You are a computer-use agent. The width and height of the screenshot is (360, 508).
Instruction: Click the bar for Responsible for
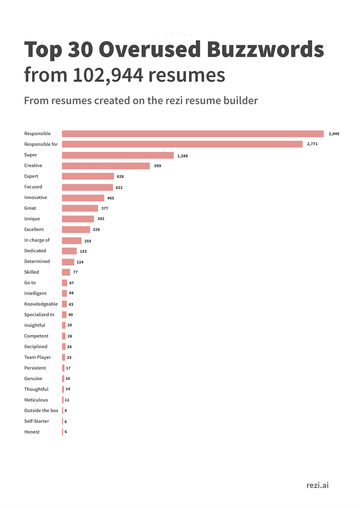click(182, 144)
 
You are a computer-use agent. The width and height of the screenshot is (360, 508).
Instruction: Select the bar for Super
click(118, 155)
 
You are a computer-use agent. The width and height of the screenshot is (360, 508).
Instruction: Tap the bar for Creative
click(106, 166)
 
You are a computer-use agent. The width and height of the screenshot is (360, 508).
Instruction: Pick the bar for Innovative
click(83, 198)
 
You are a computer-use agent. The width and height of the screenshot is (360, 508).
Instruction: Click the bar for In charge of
click(72, 241)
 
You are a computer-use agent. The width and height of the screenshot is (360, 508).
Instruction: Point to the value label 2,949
click(334, 134)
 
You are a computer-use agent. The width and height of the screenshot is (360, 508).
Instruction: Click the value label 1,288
click(182, 156)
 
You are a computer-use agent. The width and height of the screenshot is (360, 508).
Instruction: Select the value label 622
click(119, 188)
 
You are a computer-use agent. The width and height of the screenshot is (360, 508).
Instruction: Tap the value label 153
click(83, 252)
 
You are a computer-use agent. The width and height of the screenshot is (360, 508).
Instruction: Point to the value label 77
click(75, 272)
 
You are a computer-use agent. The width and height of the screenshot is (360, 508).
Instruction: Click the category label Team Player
click(37, 357)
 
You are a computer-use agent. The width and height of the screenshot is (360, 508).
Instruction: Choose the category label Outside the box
click(41, 410)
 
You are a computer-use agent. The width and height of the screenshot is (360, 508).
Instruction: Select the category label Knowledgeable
click(41, 304)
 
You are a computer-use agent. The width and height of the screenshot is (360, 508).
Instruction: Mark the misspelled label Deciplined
click(36, 347)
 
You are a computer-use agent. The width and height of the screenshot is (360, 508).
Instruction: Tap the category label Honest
click(32, 432)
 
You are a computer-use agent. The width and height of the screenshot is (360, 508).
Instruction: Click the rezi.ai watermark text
click(318, 485)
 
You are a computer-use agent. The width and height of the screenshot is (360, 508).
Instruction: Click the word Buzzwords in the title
click(265, 49)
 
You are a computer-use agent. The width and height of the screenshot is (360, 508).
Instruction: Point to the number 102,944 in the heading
click(108, 75)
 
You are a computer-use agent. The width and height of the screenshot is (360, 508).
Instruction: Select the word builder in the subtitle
click(241, 101)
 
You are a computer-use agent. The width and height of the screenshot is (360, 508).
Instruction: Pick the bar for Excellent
click(76, 230)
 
